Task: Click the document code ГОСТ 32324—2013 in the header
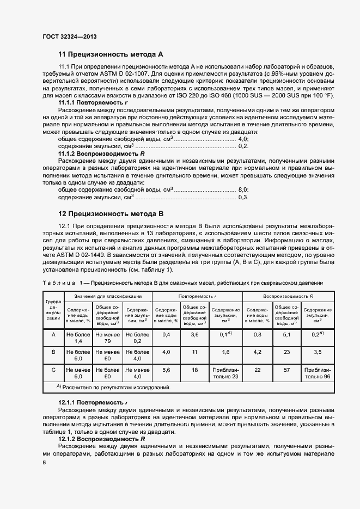69,37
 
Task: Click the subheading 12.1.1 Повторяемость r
93,402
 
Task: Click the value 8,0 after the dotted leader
243,189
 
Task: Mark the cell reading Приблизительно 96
319,373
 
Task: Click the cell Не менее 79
107,338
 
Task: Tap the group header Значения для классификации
107,296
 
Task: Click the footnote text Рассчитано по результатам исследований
101,388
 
